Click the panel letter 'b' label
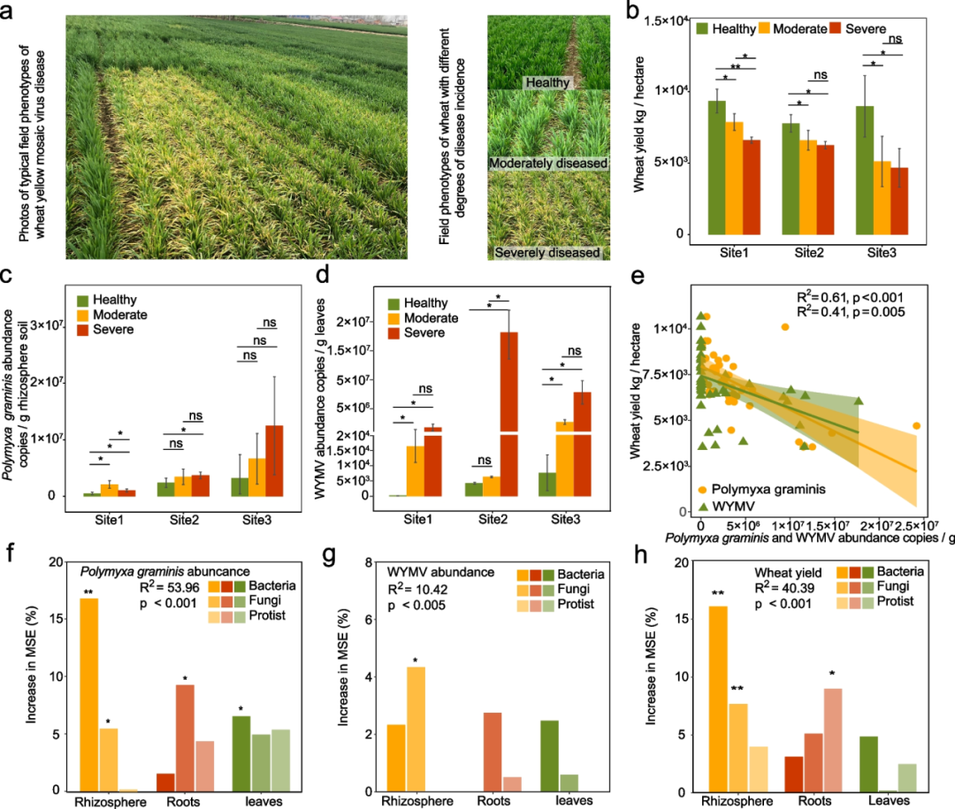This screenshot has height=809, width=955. point(633,11)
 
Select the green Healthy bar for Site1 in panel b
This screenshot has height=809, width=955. point(716,168)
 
